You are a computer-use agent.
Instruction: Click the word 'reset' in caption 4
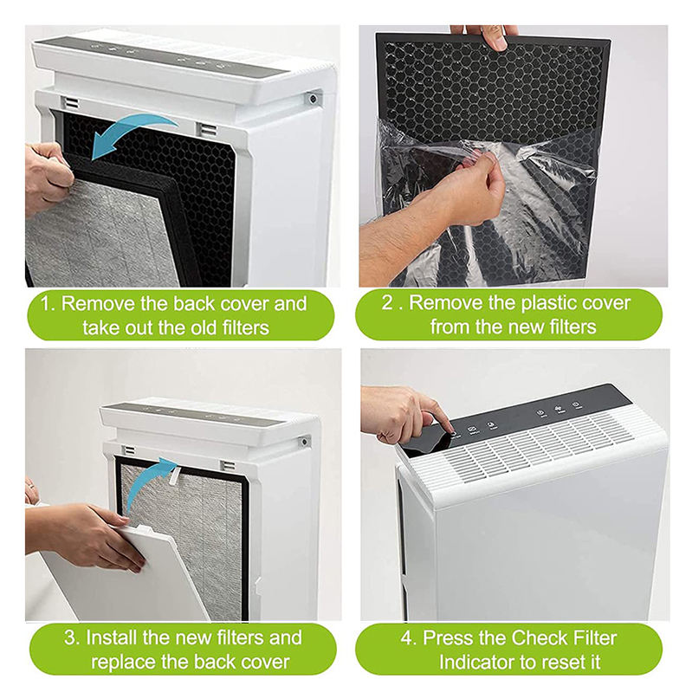[563, 663]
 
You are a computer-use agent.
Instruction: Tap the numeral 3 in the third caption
[69, 638]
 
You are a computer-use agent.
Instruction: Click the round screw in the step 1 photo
[313, 98]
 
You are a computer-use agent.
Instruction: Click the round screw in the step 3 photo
[303, 442]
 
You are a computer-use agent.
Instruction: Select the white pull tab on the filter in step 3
[174, 476]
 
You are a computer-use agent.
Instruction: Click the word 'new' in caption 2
[527, 327]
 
